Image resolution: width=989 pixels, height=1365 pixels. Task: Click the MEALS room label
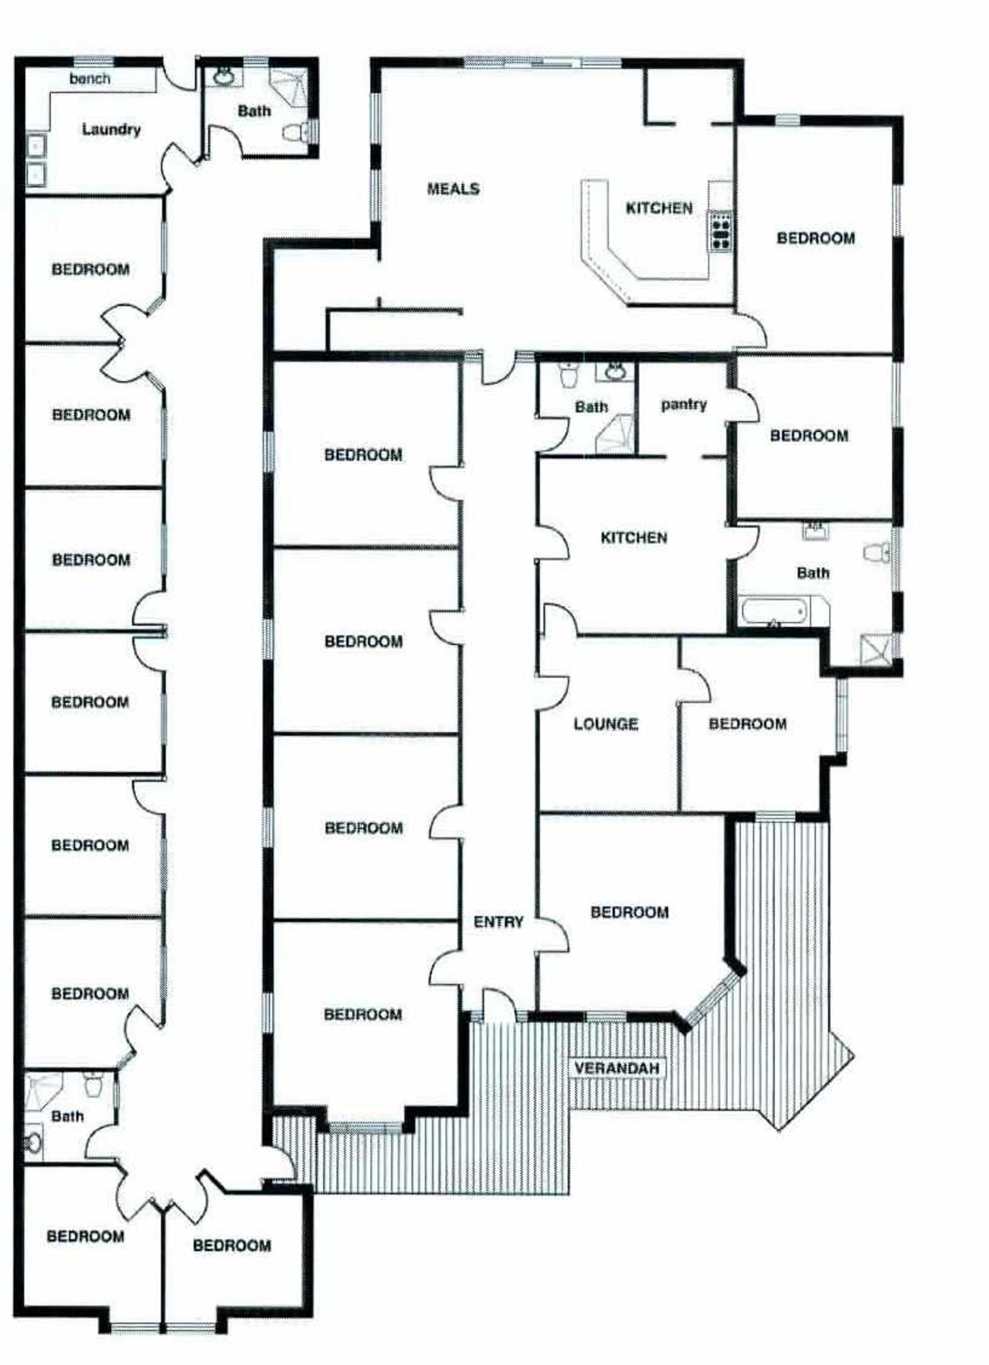pyautogui.click(x=453, y=189)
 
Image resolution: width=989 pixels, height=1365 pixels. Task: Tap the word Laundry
pyautogui.click(x=111, y=129)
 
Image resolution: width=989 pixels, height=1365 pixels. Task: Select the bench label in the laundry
pyautogui.click(x=90, y=79)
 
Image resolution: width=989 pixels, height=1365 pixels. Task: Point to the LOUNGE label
pyautogui.click(x=606, y=724)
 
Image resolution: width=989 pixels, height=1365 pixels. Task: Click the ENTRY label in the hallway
pyautogui.click(x=498, y=922)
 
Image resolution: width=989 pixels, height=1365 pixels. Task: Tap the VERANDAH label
pyautogui.click(x=617, y=1068)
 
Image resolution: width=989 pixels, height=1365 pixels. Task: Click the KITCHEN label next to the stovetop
pyautogui.click(x=659, y=208)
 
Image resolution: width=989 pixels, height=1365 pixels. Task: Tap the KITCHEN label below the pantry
pyautogui.click(x=634, y=538)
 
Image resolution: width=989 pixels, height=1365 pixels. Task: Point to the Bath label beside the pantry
pyautogui.click(x=591, y=408)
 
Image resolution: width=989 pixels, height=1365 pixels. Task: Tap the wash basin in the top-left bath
pyautogui.click(x=224, y=77)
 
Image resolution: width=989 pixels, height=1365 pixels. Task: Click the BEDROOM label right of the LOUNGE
pyautogui.click(x=747, y=724)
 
